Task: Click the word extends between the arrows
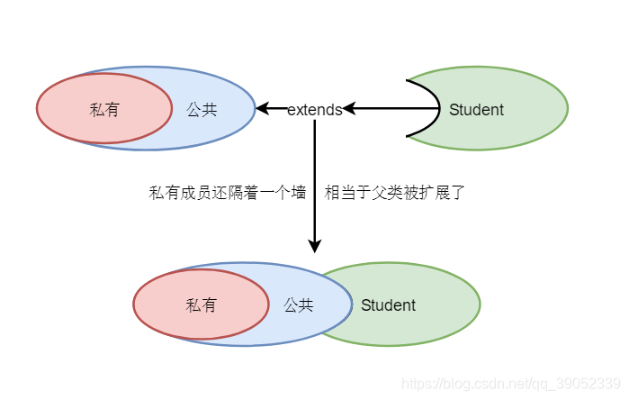(x=315, y=110)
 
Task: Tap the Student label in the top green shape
(x=476, y=110)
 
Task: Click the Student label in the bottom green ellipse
(x=388, y=305)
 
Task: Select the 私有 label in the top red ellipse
(x=104, y=110)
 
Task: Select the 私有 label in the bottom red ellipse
(x=201, y=305)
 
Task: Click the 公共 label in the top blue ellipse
(x=202, y=110)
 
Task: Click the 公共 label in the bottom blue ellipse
(x=298, y=305)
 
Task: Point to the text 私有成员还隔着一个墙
(x=228, y=192)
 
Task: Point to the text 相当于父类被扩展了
(x=394, y=192)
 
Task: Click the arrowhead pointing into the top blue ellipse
(x=262, y=109)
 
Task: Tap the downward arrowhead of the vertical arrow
(x=315, y=245)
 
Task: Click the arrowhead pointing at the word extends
(x=349, y=109)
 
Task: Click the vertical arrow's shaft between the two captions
(x=315, y=192)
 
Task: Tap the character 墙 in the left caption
(x=299, y=192)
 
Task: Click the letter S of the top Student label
(x=454, y=110)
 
